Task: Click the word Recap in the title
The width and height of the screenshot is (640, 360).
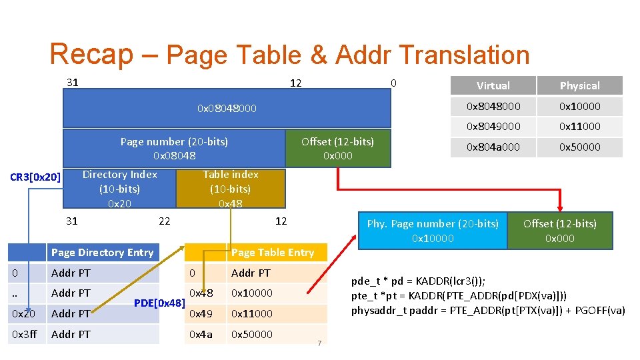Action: click(x=91, y=55)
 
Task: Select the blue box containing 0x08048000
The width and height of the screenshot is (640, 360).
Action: click(x=227, y=108)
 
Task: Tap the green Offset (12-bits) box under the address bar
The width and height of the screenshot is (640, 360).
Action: click(x=337, y=148)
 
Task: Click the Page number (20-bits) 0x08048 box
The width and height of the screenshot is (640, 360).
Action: click(x=174, y=148)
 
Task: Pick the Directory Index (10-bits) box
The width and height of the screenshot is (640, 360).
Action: click(x=120, y=189)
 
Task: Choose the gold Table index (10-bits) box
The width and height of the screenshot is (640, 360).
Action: click(x=231, y=189)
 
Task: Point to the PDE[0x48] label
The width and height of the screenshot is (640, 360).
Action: click(x=159, y=303)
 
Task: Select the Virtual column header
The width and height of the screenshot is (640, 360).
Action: click(x=493, y=85)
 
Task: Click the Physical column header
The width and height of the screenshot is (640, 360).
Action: click(x=579, y=85)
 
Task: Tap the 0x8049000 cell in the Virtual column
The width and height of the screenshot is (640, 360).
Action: click(x=493, y=126)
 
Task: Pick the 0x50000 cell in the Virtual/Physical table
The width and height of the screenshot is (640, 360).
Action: click(x=579, y=147)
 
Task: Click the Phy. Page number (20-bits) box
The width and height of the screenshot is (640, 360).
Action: click(x=433, y=231)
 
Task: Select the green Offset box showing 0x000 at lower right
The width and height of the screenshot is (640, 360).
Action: click(x=559, y=231)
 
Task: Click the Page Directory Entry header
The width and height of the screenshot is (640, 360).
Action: click(x=102, y=252)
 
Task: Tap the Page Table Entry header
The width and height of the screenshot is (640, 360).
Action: click(x=272, y=252)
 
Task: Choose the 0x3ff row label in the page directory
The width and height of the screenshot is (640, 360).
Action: click(x=23, y=334)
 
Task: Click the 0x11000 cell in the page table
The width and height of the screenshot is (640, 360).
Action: click(x=251, y=313)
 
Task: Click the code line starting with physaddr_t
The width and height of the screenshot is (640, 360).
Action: click(x=488, y=310)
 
